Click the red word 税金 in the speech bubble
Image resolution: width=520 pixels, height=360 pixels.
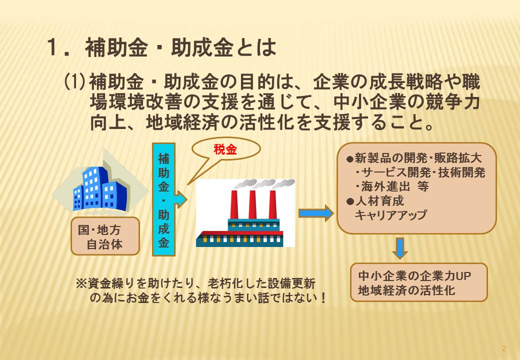pyautogui.click(x=225, y=149)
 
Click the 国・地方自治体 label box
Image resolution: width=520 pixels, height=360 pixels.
pyautogui.click(x=105, y=236)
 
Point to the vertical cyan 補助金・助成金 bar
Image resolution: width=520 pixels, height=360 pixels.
pyautogui.click(x=163, y=199)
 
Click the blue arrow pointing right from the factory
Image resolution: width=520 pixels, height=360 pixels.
pyautogui.click(x=316, y=213)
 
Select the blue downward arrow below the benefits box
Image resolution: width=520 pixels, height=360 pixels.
pyautogui.click(x=400, y=248)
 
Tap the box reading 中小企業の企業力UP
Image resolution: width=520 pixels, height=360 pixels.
pyautogui.click(x=419, y=282)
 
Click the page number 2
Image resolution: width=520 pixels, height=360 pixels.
pyautogui.click(x=504, y=348)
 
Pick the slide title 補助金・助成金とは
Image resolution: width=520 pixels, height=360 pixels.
pyautogui.click(x=180, y=47)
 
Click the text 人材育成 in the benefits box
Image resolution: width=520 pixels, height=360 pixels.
pyautogui.click(x=379, y=201)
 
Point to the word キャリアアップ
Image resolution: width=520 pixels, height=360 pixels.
pyautogui.click(x=390, y=215)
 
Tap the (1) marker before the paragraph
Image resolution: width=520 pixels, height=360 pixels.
pyautogui.click(x=75, y=82)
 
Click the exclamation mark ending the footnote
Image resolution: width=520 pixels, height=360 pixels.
pyautogui.click(x=323, y=297)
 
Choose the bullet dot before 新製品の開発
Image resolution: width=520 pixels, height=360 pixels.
pyautogui.click(x=350, y=159)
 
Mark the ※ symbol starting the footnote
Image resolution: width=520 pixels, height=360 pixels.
pyautogui.click(x=81, y=284)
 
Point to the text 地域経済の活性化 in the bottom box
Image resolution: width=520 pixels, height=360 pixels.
pyautogui.click(x=406, y=290)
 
